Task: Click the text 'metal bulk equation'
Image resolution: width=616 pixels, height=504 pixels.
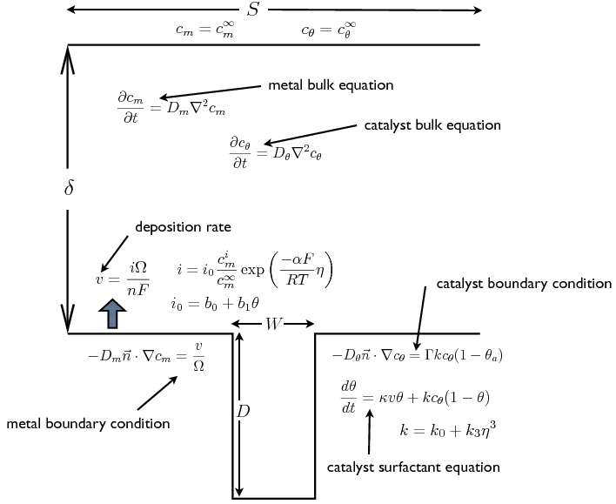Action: [x=331, y=85]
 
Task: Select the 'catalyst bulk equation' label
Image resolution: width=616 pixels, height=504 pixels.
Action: [x=432, y=125]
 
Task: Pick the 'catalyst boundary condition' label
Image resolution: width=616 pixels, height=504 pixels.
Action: [x=524, y=285]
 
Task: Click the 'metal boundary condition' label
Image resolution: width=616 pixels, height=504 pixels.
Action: [x=88, y=424]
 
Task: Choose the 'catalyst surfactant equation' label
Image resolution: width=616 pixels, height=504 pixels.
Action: [x=413, y=467]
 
